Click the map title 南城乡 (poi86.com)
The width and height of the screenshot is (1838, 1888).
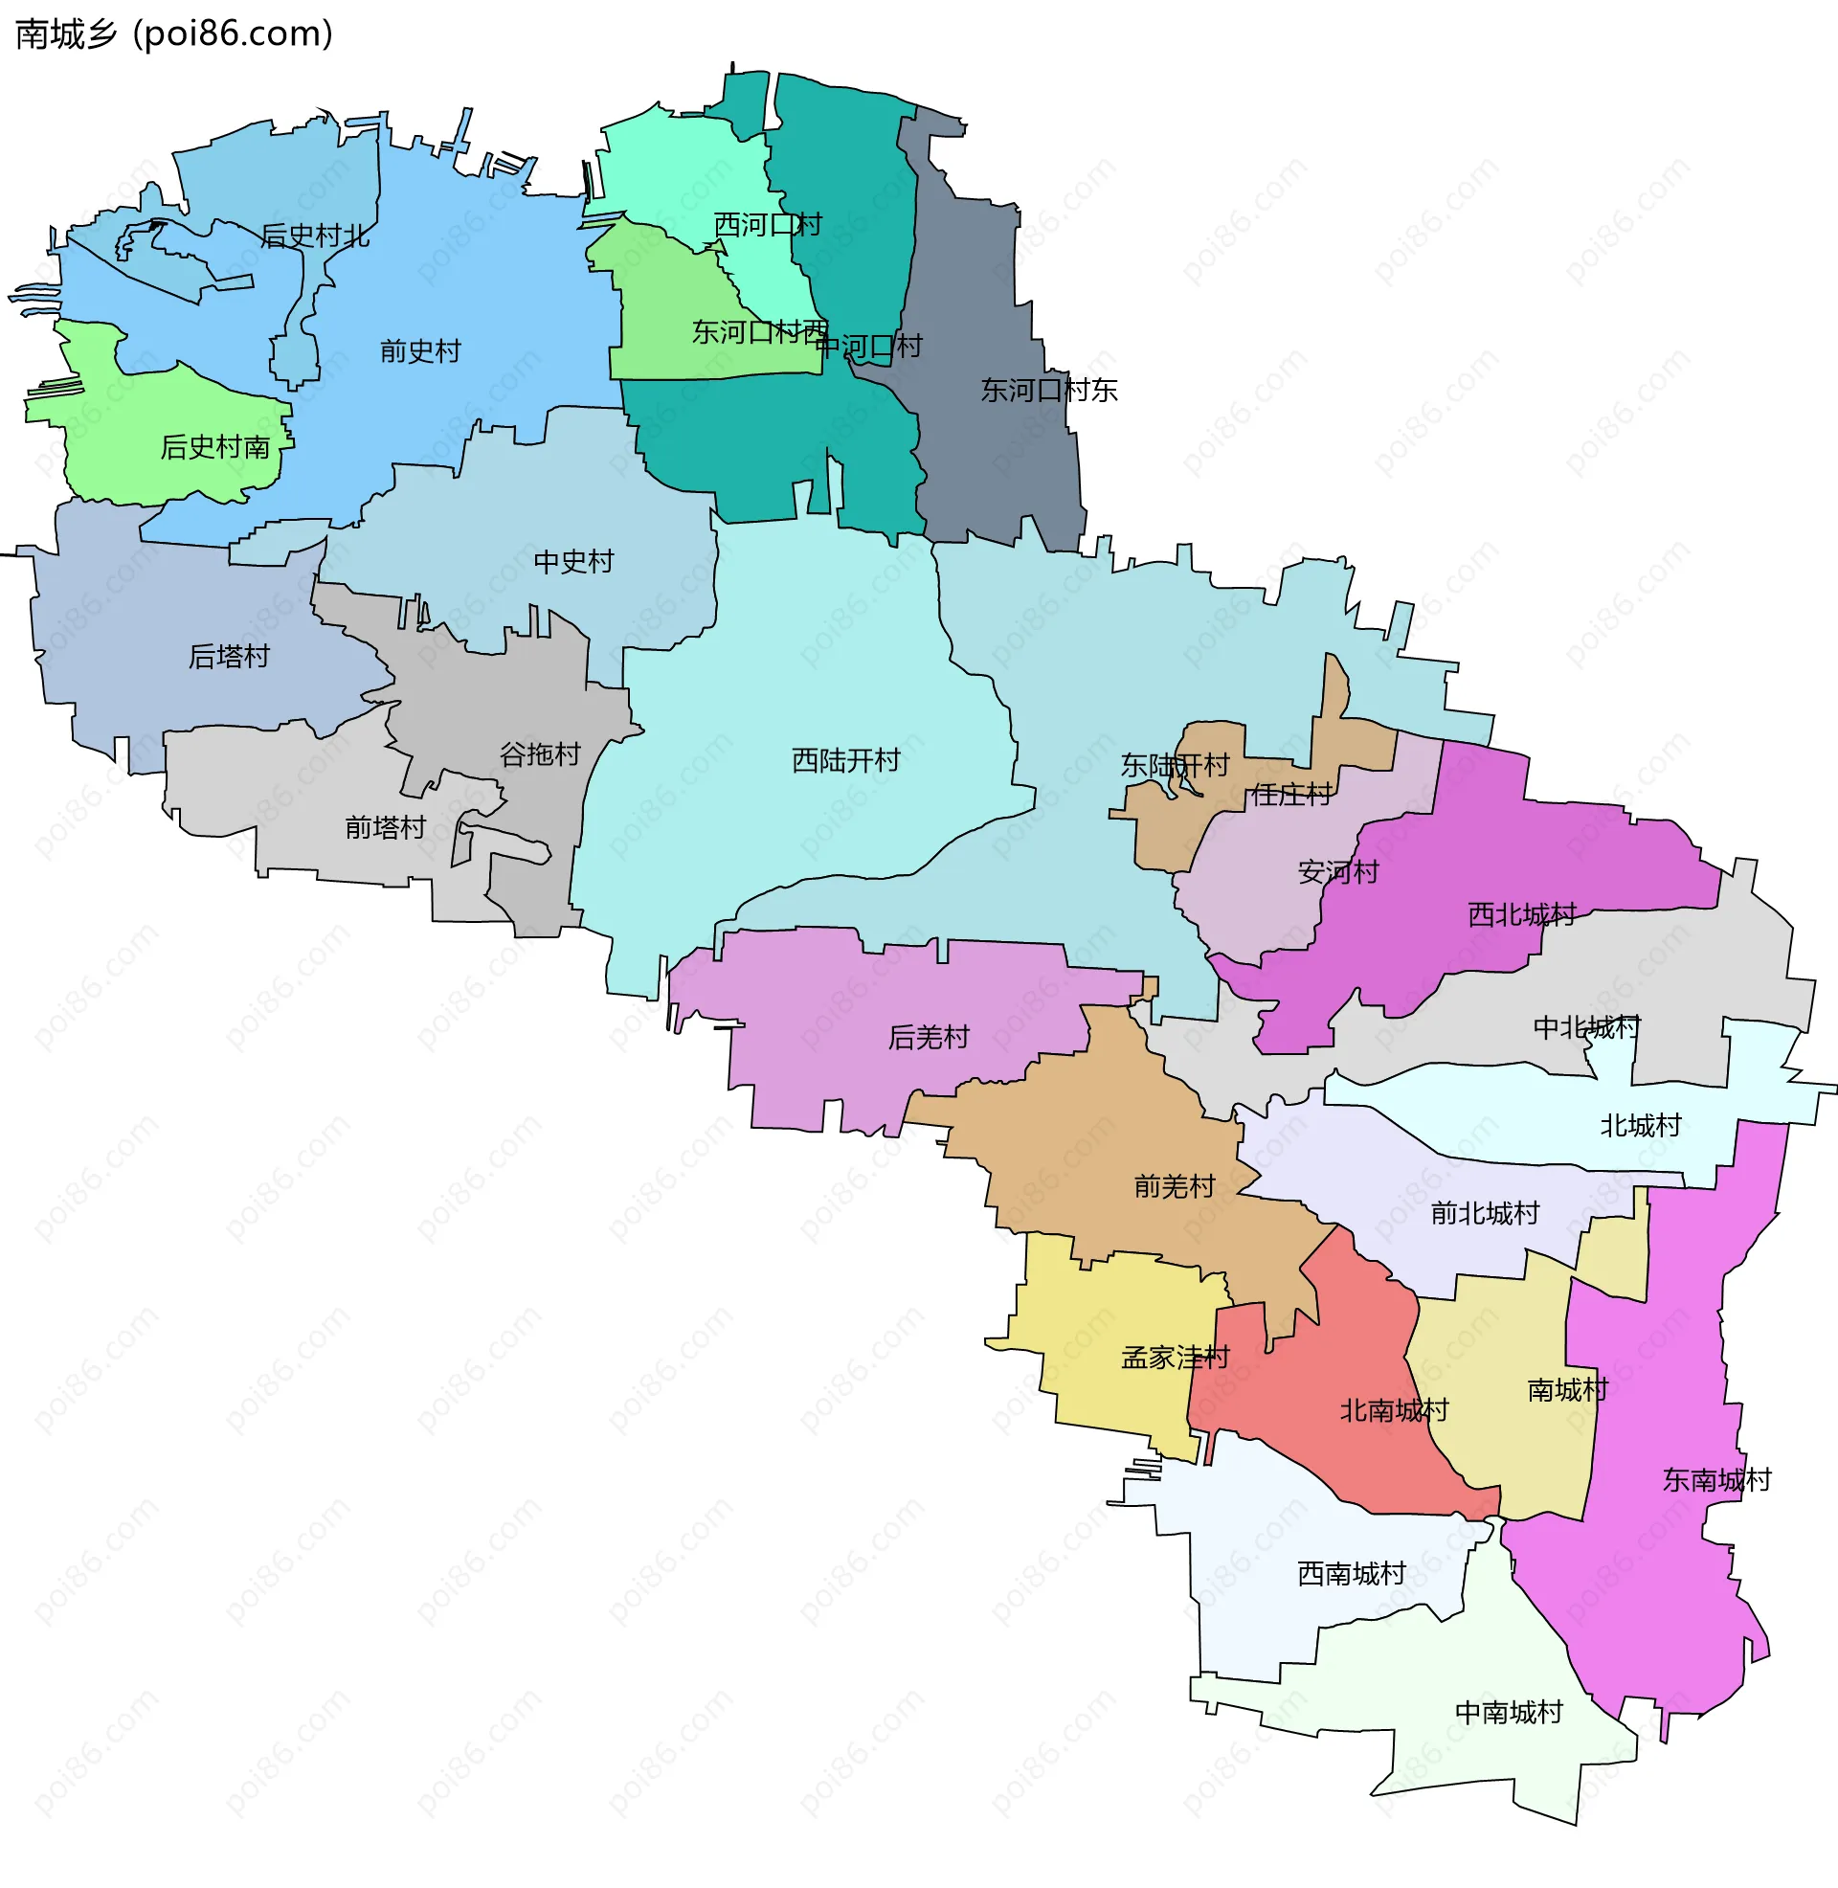click(174, 34)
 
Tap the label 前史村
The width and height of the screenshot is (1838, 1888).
click(420, 351)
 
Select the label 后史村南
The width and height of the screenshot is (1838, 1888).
click(214, 447)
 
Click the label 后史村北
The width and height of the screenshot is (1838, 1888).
click(315, 236)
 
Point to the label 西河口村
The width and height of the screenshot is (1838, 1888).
click(768, 225)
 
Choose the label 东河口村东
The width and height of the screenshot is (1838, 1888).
click(1048, 390)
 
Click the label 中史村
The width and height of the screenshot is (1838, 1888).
click(573, 562)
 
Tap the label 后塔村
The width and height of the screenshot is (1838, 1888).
click(229, 657)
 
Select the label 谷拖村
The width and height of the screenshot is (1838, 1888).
click(540, 753)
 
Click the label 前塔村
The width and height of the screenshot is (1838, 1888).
click(385, 827)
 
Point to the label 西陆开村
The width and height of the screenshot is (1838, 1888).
click(845, 760)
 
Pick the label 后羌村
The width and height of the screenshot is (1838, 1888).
click(929, 1038)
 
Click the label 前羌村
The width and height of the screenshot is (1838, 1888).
click(1174, 1186)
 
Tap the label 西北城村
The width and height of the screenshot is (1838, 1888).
click(1521, 914)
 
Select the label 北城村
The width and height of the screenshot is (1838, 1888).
click(1640, 1126)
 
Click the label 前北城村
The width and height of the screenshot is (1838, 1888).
click(1485, 1213)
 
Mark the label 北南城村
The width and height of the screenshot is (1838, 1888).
click(1394, 1411)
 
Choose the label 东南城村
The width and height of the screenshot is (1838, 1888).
click(1716, 1480)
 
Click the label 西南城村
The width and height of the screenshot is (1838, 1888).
click(1352, 1574)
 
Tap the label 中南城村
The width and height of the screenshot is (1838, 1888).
click(1509, 1713)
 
